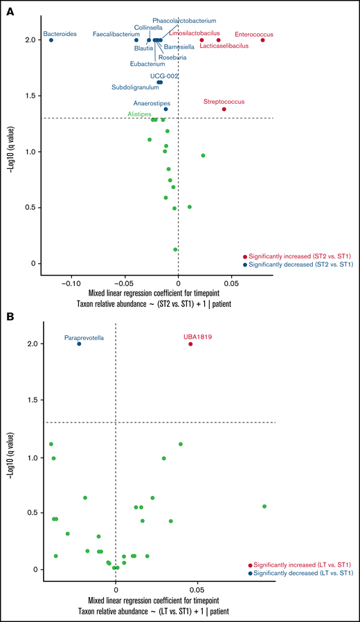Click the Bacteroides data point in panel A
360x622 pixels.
51,40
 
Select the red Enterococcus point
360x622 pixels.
263,40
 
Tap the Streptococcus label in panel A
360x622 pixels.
224,102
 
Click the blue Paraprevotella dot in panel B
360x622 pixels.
79,344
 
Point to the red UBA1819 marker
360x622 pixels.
191,344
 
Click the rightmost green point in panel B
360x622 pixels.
264,506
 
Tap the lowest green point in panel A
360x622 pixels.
175,249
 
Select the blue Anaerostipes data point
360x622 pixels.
165,109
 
